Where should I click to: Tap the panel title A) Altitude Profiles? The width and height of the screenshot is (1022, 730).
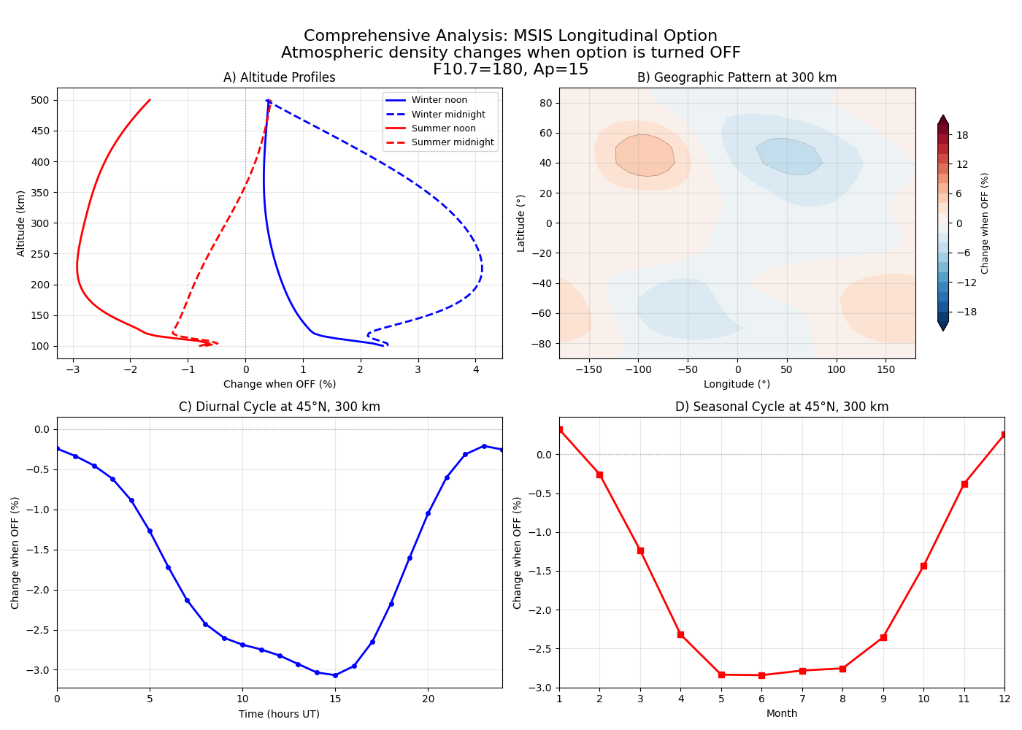coord(280,77)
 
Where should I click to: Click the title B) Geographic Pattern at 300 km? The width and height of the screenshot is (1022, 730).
coord(737,77)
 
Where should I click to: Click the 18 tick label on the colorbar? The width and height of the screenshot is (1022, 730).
coord(962,135)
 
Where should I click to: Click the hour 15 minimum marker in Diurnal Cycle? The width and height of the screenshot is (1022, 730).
coord(335,675)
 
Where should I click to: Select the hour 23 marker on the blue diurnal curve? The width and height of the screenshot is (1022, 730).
coord(484,446)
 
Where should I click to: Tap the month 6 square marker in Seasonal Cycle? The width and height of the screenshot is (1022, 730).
coord(761,675)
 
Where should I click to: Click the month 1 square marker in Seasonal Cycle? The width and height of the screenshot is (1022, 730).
coord(560,430)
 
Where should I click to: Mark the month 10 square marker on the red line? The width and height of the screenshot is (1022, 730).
coord(923,566)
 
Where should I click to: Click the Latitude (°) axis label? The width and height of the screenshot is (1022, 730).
coord(520,223)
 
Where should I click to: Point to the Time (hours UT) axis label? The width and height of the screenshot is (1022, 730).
coord(279,714)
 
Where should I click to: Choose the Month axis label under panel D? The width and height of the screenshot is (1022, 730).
coord(781,714)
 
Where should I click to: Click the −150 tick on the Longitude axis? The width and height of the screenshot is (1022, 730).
coord(588,369)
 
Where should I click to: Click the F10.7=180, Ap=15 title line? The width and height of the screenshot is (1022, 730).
coord(510,69)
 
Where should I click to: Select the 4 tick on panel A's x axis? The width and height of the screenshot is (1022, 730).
coord(475,369)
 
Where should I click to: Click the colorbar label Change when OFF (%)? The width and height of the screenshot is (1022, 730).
coord(985,223)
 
